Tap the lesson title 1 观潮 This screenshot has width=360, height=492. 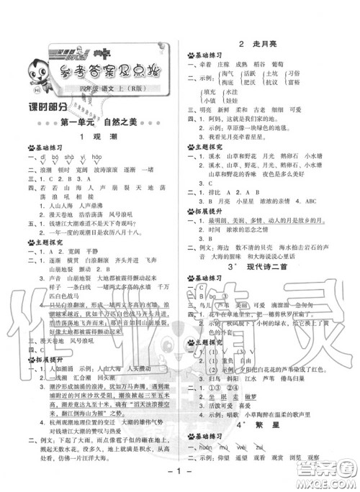tap(94, 137)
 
